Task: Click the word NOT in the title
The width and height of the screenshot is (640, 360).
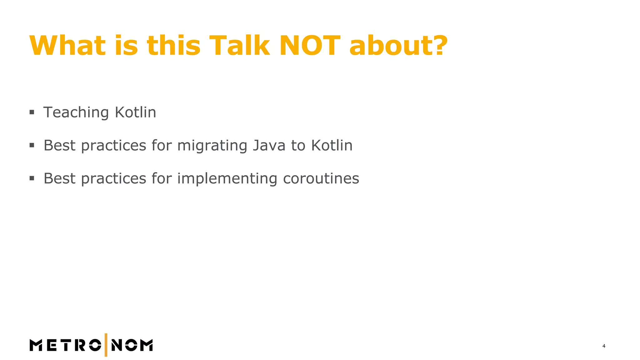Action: pyautogui.click(x=309, y=46)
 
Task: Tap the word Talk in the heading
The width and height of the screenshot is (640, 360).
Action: pyautogui.click(x=239, y=46)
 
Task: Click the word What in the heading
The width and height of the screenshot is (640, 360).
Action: pyautogui.click(x=67, y=46)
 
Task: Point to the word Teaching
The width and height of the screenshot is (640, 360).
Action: pyautogui.click(x=76, y=112)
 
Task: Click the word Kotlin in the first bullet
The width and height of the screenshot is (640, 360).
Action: pyautogui.click(x=135, y=112)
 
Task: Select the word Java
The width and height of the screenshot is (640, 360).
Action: pyautogui.click(x=269, y=145)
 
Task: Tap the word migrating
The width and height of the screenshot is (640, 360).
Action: pyautogui.click(x=212, y=146)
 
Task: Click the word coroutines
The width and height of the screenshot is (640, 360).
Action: pyautogui.click(x=321, y=178)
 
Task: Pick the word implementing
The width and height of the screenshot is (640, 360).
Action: pyautogui.click(x=227, y=179)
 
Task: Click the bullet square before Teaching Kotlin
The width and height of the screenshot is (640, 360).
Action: pyautogui.click(x=32, y=112)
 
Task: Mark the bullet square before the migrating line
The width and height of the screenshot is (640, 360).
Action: pyautogui.click(x=32, y=145)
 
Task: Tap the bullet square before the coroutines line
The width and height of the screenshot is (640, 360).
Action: pyautogui.click(x=32, y=178)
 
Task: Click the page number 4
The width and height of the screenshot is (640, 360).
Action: pyautogui.click(x=604, y=346)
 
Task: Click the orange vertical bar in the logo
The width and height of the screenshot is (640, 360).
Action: pyautogui.click(x=106, y=345)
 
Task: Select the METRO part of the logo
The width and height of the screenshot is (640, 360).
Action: pyautogui.click(x=65, y=345)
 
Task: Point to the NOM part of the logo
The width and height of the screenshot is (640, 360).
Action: pyautogui.click(x=132, y=345)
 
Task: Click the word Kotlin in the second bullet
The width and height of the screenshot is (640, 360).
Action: pyautogui.click(x=332, y=145)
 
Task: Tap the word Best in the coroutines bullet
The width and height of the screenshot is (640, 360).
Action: pyautogui.click(x=59, y=178)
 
